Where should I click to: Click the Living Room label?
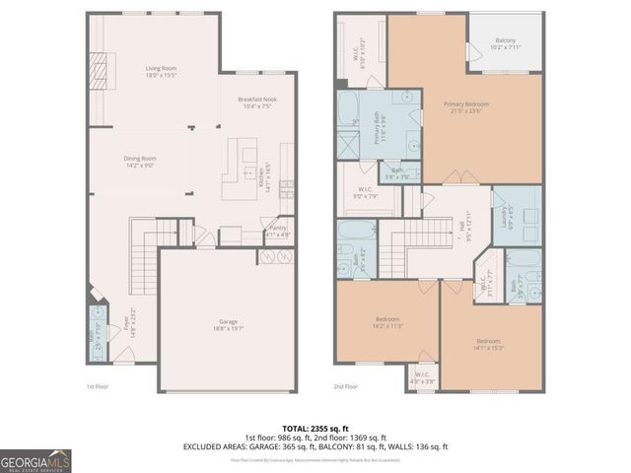coord(160,72)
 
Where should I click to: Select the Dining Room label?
coord(140,162)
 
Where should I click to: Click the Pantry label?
coord(278,232)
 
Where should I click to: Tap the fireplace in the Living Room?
coord(98,71)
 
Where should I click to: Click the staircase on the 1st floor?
coord(145,258)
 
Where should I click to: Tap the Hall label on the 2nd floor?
coord(461,232)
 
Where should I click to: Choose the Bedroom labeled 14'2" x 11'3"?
coord(386,322)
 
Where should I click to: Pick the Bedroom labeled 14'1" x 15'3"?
coord(489,344)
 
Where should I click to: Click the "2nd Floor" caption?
coord(345,386)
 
